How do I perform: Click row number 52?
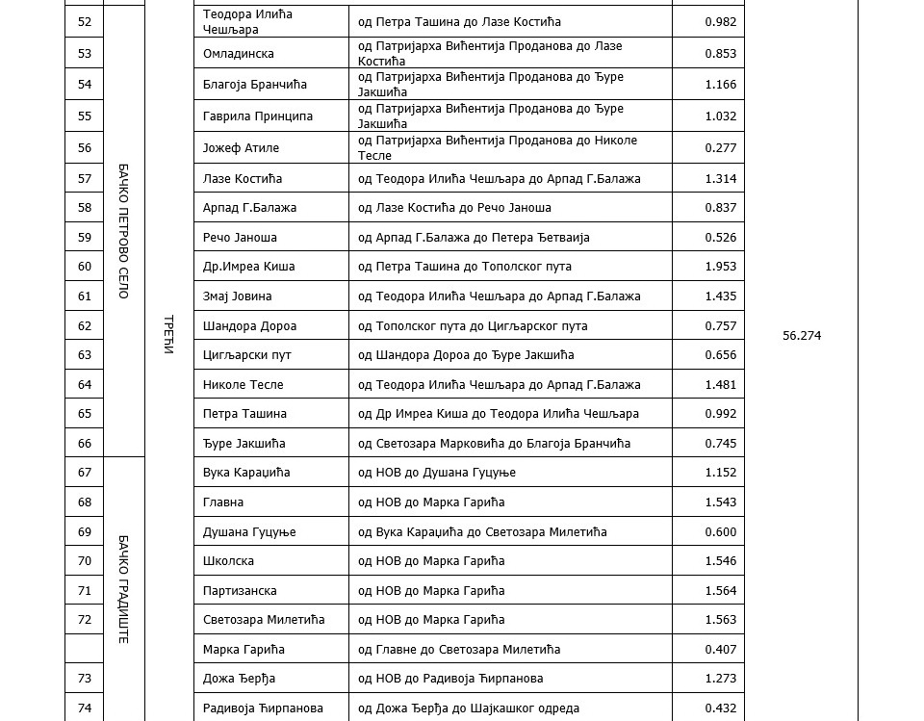coord(84,22)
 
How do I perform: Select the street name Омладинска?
coord(239,54)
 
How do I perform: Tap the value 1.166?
coord(720,85)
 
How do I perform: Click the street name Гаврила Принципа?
coord(258,116)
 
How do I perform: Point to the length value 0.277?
coord(720,148)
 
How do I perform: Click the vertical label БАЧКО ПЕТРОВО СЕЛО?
coord(123,231)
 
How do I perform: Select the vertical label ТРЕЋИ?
coord(168,335)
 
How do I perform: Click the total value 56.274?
coord(802,336)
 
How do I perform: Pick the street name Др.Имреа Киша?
coord(249,267)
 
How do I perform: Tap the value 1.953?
coord(720,267)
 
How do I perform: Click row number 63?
coord(84,355)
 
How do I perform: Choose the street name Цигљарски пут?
coord(247,355)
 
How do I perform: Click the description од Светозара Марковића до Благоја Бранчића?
coord(494,444)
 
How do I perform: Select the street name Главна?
coord(223,502)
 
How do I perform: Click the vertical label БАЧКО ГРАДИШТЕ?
coord(123,589)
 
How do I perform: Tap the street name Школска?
coord(229,561)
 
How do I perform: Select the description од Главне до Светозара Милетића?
coord(459,650)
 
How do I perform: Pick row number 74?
coord(84,708)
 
